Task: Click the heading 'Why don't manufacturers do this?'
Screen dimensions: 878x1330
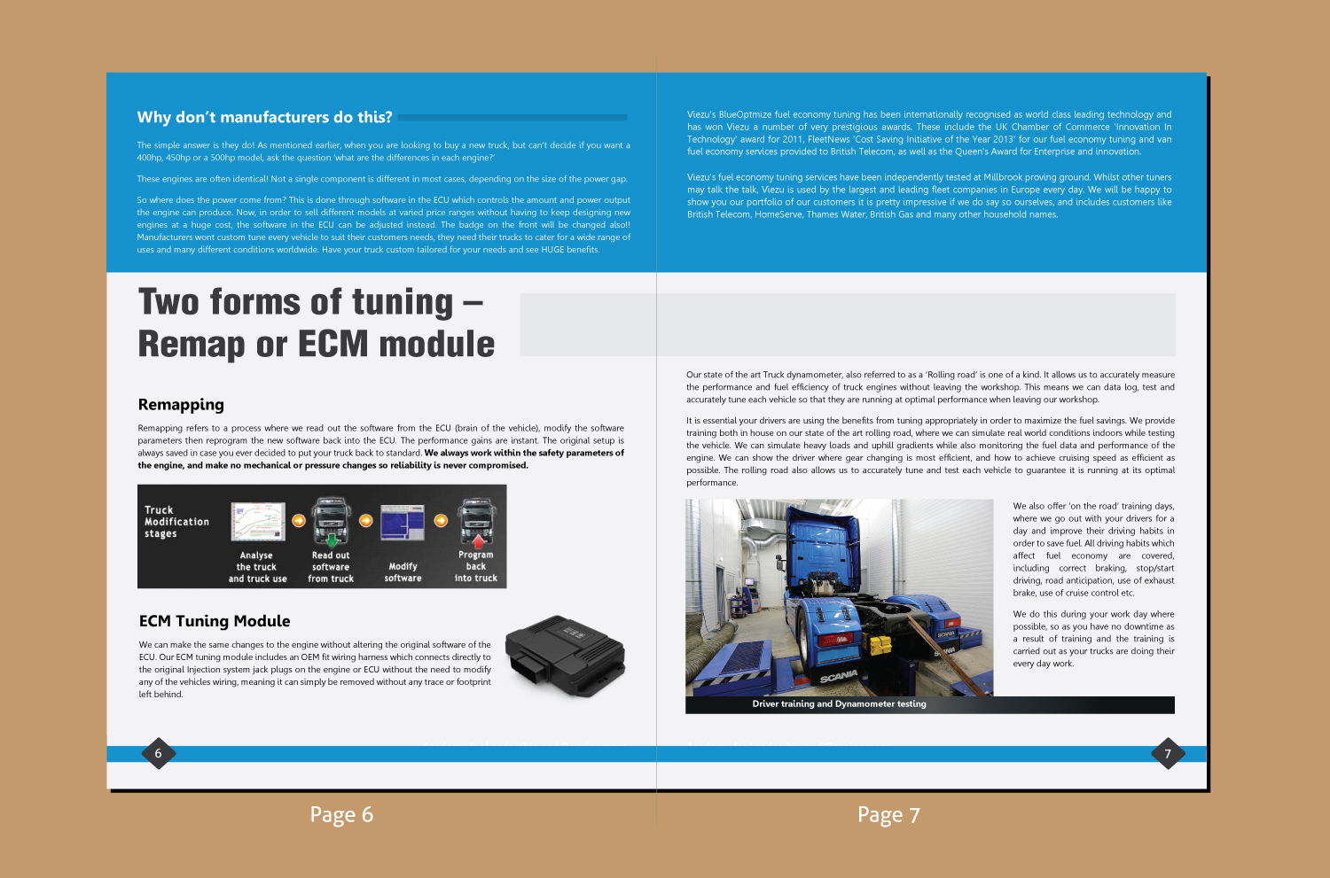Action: [x=264, y=117]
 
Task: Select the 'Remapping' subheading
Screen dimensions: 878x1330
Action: [x=181, y=405]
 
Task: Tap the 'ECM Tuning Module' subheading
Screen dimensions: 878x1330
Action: [x=215, y=621]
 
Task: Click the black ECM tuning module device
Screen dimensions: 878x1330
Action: [x=566, y=657]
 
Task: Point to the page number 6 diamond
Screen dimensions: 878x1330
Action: [x=159, y=754]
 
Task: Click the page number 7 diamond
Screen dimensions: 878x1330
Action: [x=1168, y=754]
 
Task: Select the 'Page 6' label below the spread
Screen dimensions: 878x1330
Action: [x=341, y=815]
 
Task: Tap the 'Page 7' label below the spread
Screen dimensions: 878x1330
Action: [x=888, y=815]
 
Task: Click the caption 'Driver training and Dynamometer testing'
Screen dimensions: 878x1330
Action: [x=839, y=704]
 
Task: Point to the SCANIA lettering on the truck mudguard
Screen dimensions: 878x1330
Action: [x=838, y=677]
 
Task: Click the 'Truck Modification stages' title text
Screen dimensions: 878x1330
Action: [x=176, y=522]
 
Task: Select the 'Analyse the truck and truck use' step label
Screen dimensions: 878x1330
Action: [x=257, y=567]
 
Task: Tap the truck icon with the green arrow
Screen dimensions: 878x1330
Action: [x=332, y=522]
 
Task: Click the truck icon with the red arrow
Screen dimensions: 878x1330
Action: [x=476, y=522]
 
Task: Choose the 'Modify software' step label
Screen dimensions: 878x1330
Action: [x=403, y=572]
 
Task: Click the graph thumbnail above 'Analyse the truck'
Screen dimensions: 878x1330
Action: [x=258, y=522]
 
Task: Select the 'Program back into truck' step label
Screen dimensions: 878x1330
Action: [x=476, y=567]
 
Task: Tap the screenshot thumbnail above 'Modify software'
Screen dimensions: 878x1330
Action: [x=403, y=522]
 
